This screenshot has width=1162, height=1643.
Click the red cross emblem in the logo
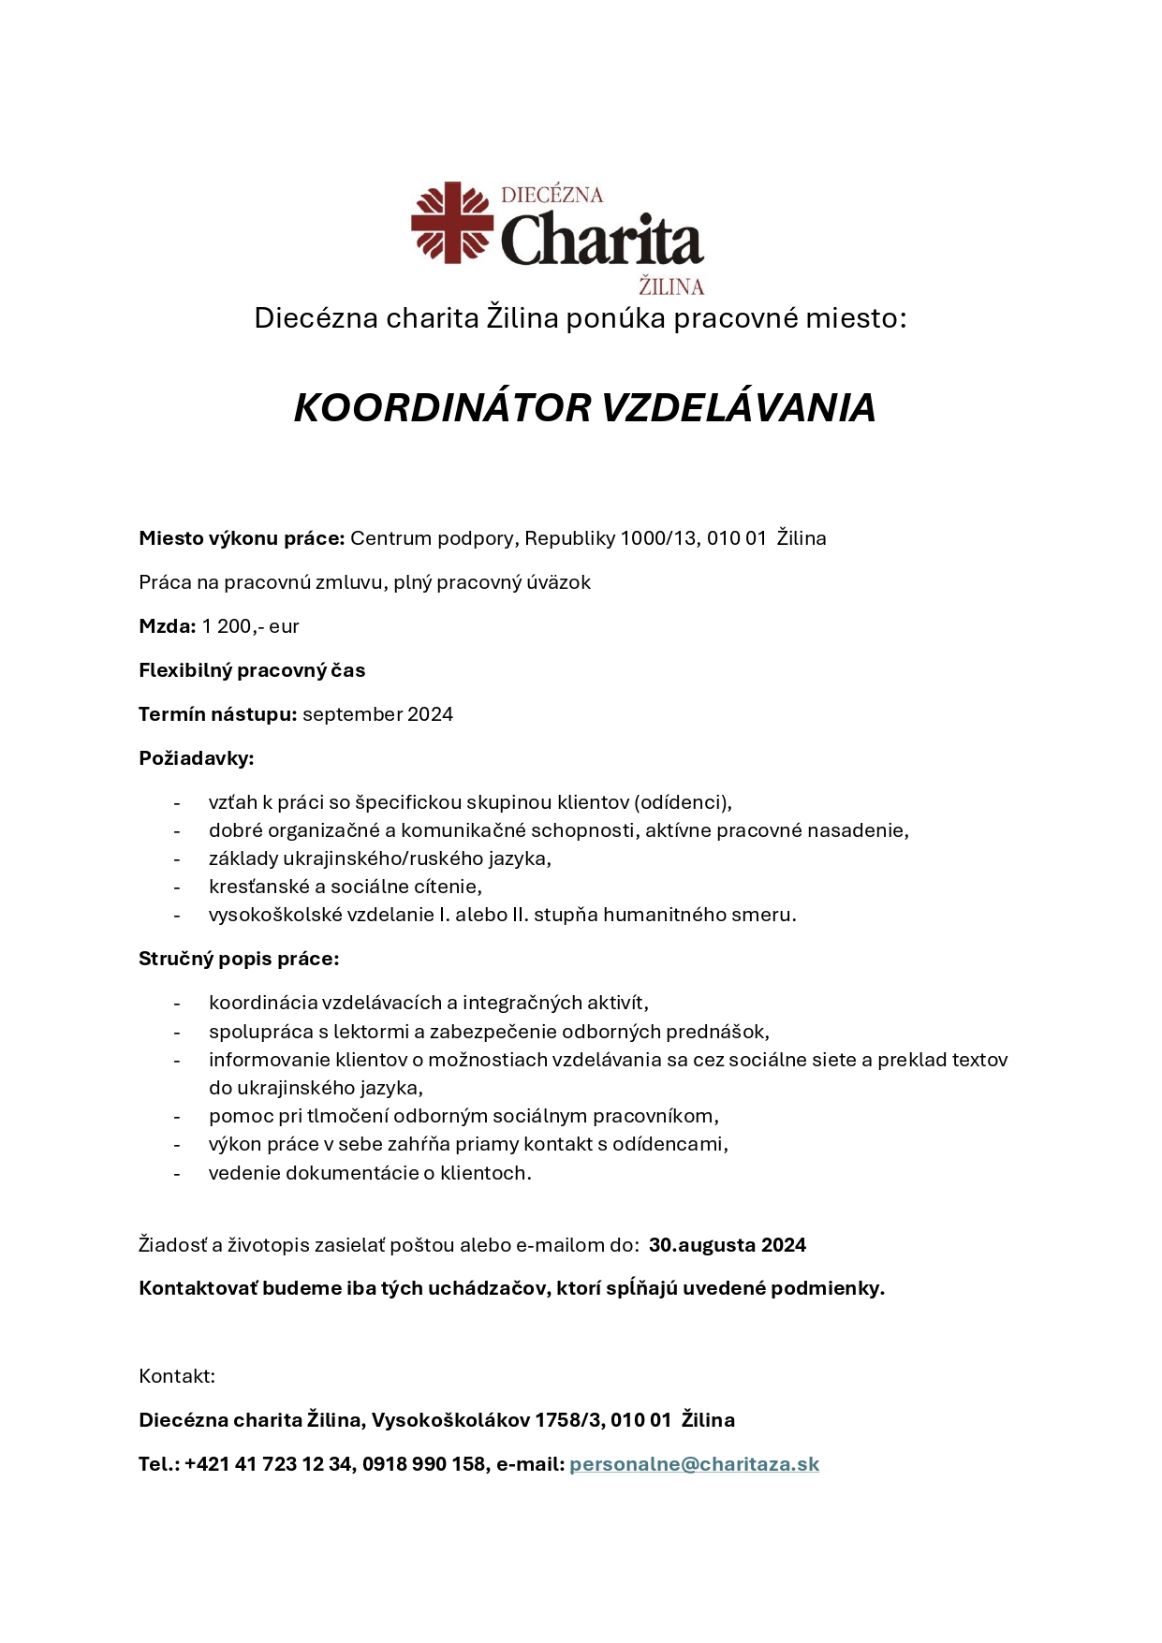[452, 223]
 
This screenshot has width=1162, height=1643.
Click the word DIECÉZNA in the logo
[552, 195]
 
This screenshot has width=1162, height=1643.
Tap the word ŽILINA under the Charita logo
[670, 286]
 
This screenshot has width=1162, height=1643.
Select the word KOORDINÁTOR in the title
[442, 407]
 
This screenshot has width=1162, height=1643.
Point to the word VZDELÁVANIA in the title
[738, 407]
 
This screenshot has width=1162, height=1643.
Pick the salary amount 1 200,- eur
[250, 626]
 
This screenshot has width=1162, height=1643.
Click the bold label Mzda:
[167, 626]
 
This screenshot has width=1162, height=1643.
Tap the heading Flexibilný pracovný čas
[252, 670]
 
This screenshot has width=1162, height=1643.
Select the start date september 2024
[377, 714]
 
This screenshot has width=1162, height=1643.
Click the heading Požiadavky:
[197, 758]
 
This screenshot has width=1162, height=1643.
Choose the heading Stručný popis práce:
[239, 959]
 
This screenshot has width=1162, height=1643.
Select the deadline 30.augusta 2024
[727, 1245]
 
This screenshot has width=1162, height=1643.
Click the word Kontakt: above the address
[177, 1376]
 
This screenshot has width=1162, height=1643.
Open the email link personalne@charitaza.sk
[694, 1464]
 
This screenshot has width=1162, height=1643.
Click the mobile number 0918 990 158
[424, 1464]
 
